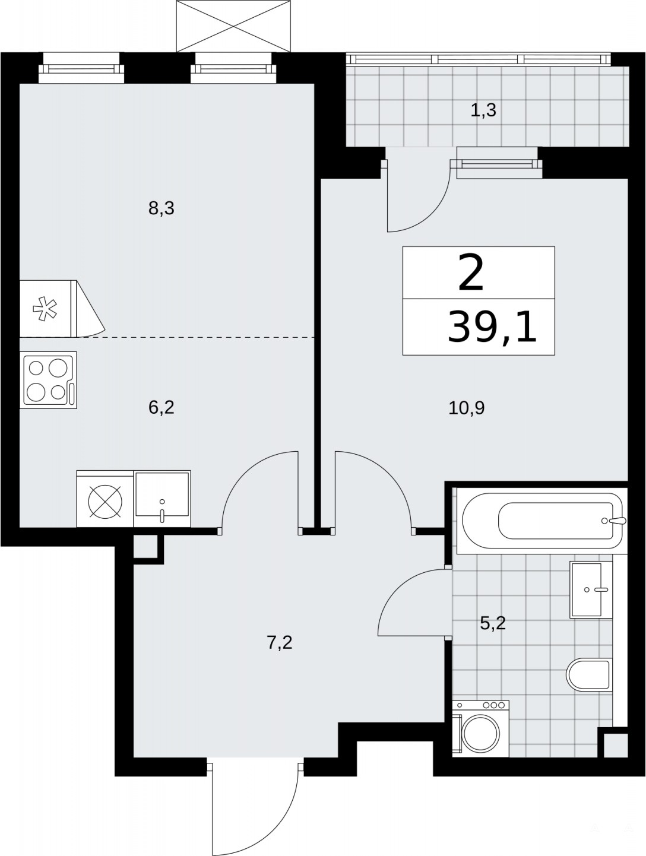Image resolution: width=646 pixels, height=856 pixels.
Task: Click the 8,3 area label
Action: click(161, 208)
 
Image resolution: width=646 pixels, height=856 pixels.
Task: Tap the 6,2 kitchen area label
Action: click(161, 408)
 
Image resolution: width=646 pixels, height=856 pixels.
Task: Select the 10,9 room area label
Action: click(467, 408)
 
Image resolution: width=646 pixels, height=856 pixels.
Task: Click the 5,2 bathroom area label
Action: click(493, 623)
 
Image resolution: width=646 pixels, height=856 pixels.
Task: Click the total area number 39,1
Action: click(492, 328)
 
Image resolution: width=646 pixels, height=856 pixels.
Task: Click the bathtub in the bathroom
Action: click(542, 521)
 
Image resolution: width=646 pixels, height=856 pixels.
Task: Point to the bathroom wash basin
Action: click(591, 589)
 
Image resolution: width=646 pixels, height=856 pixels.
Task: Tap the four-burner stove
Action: click(48, 380)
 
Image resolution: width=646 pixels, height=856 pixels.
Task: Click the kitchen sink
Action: click(162, 499)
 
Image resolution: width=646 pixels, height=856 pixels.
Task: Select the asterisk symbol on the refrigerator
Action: click(45, 308)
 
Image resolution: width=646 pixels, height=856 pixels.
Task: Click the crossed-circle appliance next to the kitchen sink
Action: click(105, 501)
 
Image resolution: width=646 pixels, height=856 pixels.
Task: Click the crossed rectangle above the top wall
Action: click(233, 26)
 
